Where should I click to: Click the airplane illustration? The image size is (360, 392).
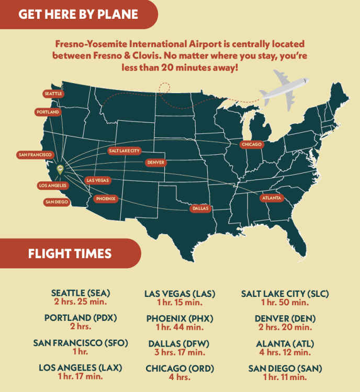[284, 92]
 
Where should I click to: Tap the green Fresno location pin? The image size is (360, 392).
[60, 169]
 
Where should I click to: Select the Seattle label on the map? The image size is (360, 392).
[53, 94]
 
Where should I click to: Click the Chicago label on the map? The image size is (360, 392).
[252, 144]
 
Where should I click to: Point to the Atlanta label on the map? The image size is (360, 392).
[271, 198]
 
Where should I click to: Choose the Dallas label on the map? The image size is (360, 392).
[200, 208]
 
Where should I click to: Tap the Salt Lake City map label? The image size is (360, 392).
[124, 151]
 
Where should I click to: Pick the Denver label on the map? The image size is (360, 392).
[156, 163]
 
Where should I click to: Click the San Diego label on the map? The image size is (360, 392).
[57, 202]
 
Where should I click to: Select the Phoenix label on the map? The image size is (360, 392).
[105, 199]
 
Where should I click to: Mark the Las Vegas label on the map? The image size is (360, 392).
[98, 180]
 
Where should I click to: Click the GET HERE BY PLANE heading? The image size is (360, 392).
[78, 14]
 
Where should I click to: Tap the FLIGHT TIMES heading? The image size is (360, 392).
[70, 254]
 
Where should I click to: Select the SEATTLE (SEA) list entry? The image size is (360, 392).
[81, 293]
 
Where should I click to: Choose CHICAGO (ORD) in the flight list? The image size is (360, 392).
[179, 368]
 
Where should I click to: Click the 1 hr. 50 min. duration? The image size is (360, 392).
[285, 302]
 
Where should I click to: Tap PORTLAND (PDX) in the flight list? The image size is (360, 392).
[80, 318]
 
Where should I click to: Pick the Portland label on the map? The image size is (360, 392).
[48, 112]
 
